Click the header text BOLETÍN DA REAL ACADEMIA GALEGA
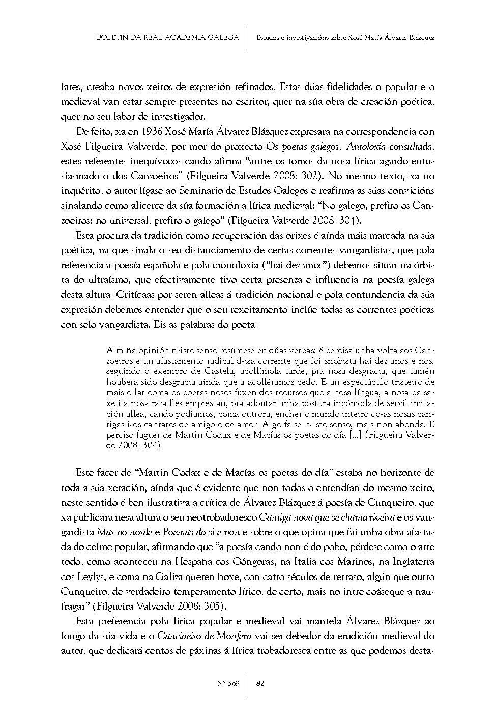click(x=167, y=37)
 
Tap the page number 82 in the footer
click(x=260, y=683)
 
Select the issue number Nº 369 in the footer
click(x=227, y=683)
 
